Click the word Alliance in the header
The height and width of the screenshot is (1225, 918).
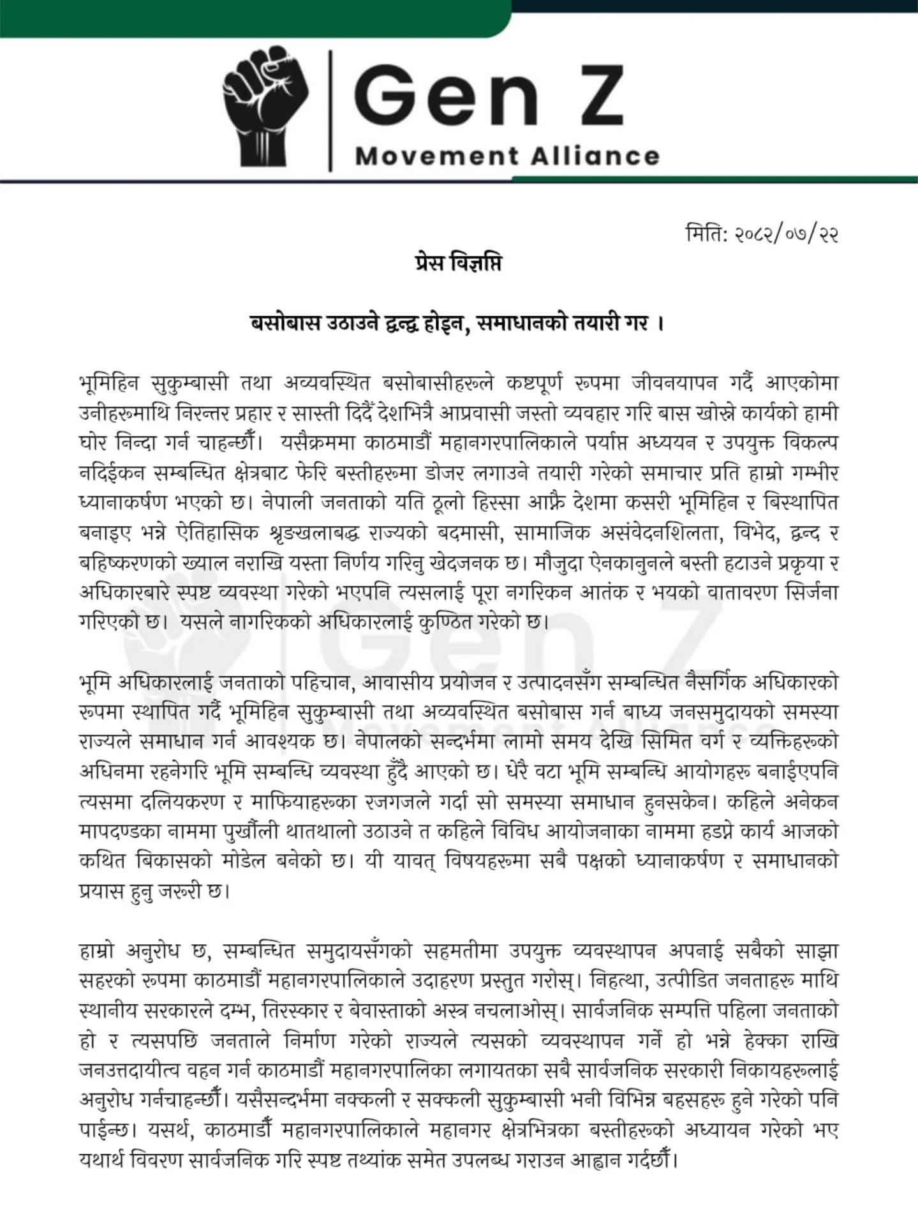click(593, 156)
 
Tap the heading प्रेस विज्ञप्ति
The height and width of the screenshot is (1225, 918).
click(457, 263)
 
